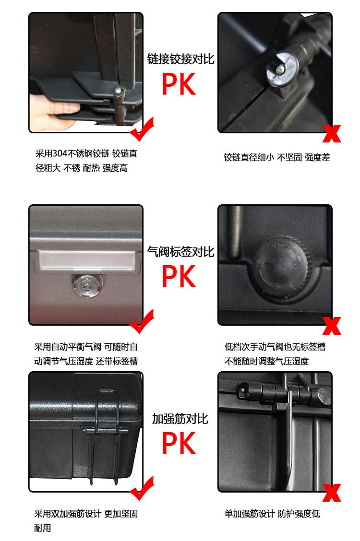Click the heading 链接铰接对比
(x=180, y=59)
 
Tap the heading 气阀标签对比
(x=180, y=251)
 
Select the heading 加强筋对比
(x=180, y=419)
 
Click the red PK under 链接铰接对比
(x=179, y=84)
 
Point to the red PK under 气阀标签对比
(x=179, y=276)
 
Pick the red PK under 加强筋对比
(x=179, y=443)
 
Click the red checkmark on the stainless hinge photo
(x=142, y=129)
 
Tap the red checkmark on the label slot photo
(x=142, y=321)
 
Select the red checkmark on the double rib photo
(x=142, y=489)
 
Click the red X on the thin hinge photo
(x=332, y=133)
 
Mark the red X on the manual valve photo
(x=332, y=326)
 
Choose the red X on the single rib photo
(x=332, y=493)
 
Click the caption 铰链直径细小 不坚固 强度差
(x=277, y=157)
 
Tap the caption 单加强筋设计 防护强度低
(x=272, y=514)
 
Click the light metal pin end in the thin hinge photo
(x=279, y=70)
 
